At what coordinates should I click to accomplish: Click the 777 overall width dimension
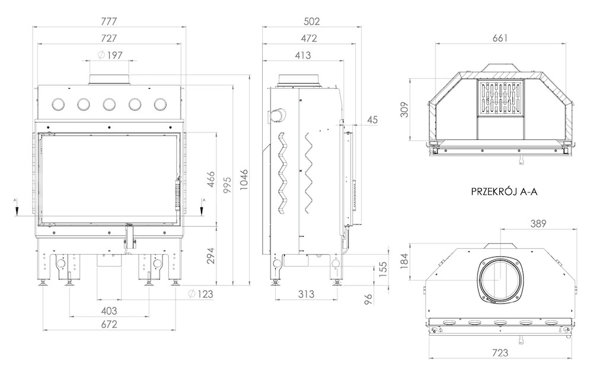pos(109,21)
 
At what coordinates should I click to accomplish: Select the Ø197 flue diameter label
pos(110,56)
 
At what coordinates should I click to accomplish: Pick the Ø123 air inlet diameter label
pos(200,294)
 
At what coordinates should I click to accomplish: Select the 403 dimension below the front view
pos(109,311)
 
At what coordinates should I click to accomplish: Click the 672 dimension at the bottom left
pos(109,325)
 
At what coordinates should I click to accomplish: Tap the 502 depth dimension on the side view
pos(312,21)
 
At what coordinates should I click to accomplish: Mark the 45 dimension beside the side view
pos(372,120)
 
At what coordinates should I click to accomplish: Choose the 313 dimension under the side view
pos(305,294)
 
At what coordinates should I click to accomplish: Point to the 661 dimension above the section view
pos(500,38)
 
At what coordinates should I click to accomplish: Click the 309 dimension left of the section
pos(404,110)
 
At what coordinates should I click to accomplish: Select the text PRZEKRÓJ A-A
pos(504,192)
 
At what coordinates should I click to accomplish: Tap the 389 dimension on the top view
pos(538,223)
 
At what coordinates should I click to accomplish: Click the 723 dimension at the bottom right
pos(500,353)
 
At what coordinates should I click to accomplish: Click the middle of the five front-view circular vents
pos(109,104)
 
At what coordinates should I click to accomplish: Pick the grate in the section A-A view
pos(500,98)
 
